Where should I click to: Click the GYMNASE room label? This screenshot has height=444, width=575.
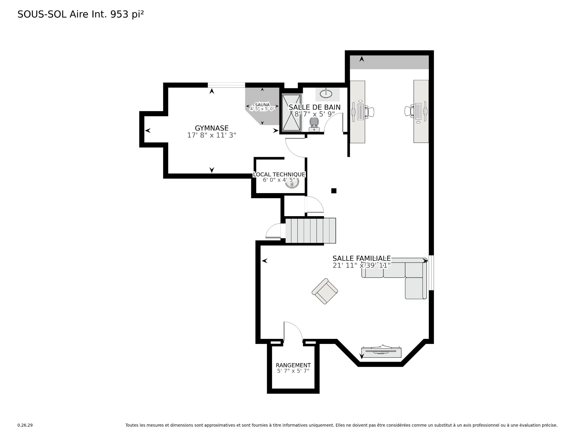point(211,128)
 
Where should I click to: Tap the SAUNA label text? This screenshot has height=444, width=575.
point(262,105)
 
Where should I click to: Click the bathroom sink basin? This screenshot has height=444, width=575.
point(326,94)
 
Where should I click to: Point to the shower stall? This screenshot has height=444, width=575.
point(291,113)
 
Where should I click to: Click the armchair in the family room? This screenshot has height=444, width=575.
point(325,291)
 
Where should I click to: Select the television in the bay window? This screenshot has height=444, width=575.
point(381,351)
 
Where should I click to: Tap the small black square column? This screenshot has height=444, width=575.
point(334,191)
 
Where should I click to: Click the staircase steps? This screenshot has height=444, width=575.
point(311,231)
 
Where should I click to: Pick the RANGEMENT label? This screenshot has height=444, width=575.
point(293,365)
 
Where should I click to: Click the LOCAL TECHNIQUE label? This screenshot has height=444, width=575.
point(279,174)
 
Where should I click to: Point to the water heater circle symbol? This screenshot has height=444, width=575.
point(292,183)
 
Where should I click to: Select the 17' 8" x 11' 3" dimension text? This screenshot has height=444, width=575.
point(212,135)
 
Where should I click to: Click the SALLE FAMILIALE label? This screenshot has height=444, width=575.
point(362,258)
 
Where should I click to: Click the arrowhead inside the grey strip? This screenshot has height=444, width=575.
point(362,59)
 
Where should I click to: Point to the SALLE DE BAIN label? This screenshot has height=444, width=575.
point(314,107)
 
